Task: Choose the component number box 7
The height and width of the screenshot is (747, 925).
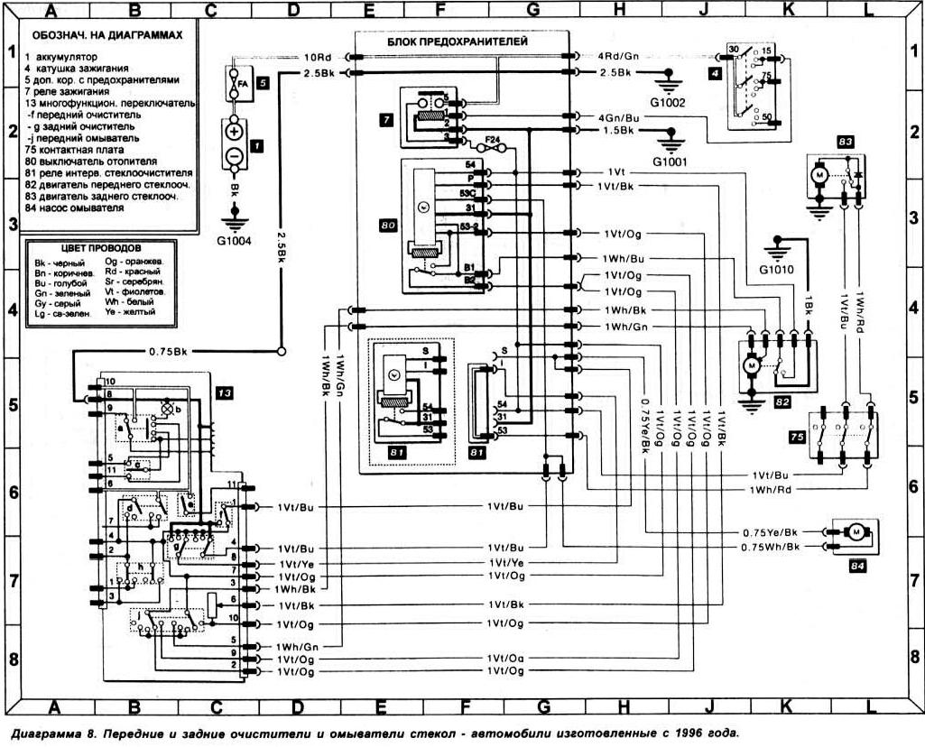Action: (x=385, y=118)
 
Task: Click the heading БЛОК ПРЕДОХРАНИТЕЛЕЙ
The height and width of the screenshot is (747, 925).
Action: (x=458, y=41)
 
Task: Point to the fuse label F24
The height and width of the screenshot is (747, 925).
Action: (x=494, y=139)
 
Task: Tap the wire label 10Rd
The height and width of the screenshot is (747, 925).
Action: (x=319, y=57)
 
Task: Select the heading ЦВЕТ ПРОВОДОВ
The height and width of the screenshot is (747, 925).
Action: (x=99, y=247)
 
